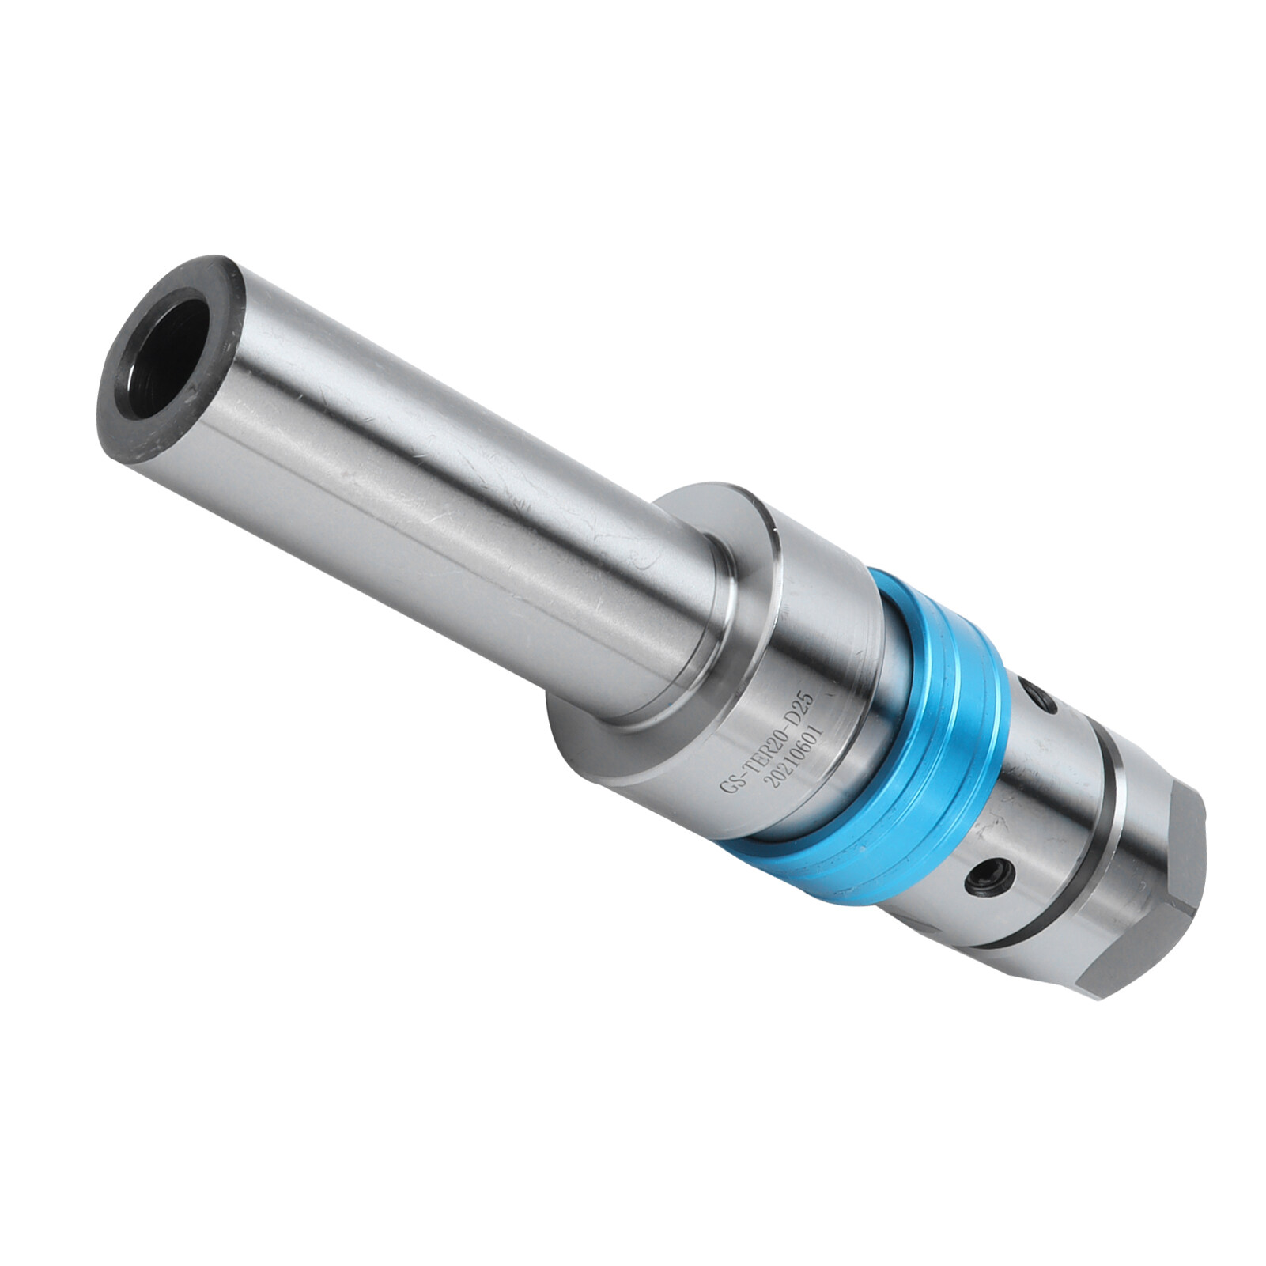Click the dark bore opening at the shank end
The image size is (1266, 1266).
pos(168,346)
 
